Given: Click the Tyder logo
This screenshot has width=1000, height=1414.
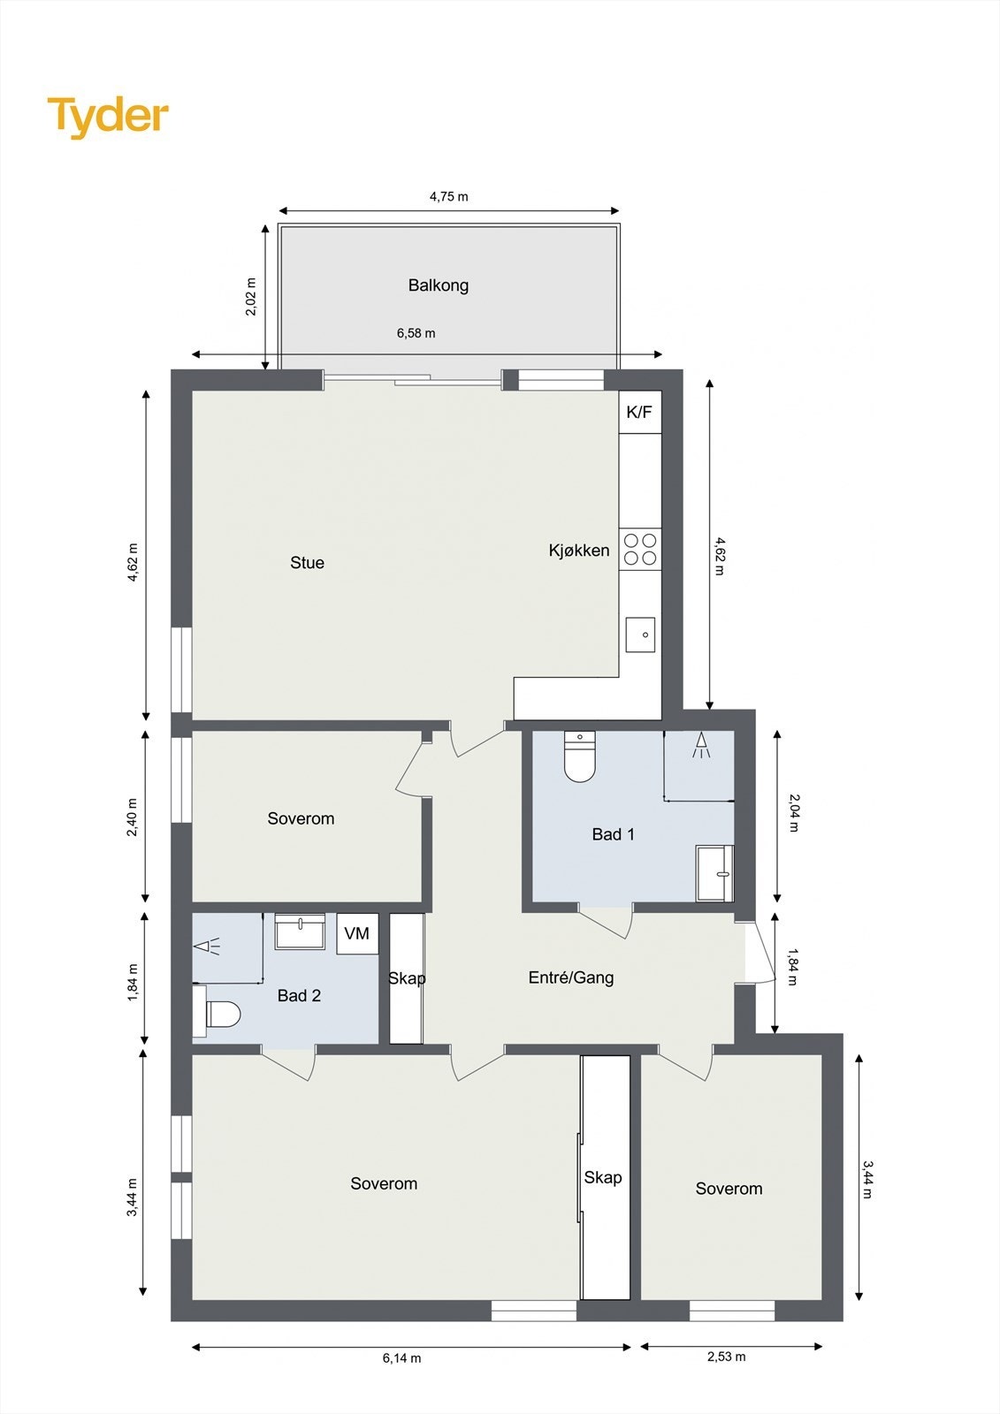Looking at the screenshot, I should (x=108, y=117).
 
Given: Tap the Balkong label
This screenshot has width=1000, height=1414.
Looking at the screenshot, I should (x=438, y=285).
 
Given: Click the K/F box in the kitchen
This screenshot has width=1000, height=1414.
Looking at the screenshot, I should (x=639, y=412).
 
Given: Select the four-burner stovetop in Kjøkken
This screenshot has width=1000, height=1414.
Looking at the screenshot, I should (x=640, y=549).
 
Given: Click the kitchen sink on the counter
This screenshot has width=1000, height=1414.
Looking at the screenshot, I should (x=640, y=635).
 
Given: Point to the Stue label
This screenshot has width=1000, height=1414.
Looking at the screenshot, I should (x=307, y=563).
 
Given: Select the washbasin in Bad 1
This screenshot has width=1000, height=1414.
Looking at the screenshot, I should (x=714, y=873).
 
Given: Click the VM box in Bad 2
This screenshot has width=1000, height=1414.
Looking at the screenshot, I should (x=356, y=934).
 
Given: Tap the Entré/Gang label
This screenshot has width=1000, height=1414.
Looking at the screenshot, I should (x=570, y=977).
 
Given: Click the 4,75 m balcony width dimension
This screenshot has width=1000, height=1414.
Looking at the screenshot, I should (x=448, y=196).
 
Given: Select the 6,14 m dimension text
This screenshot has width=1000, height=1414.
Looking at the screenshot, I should (x=401, y=1358).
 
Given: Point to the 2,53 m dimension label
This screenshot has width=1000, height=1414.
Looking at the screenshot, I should (x=726, y=1357).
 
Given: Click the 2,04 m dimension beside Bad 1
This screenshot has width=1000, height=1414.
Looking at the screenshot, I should (x=793, y=813).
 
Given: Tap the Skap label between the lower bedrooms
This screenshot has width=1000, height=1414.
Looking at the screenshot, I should (x=602, y=1178).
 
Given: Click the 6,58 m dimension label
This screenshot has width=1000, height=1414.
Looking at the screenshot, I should (x=416, y=333).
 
